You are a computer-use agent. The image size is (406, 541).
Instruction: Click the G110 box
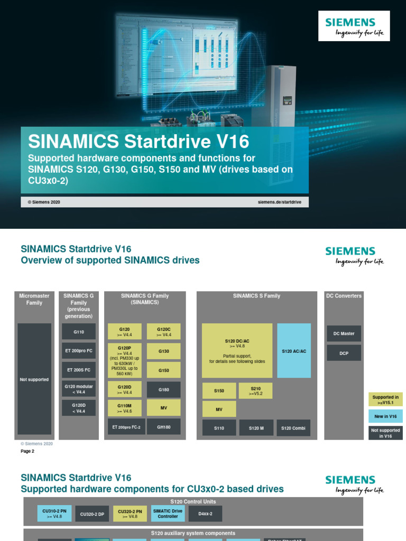click(x=79, y=331)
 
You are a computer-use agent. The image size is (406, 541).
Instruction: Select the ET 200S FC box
click(x=79, y=370)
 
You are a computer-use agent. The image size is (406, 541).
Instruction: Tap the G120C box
click(x=163, y=331)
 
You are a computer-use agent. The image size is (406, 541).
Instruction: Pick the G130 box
click(x=163, y=351)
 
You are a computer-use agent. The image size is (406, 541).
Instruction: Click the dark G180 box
click(x=163, y=389)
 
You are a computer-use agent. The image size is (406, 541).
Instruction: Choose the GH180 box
click(x=163, y=426)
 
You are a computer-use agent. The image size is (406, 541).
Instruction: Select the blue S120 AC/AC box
click(x=294, y=351)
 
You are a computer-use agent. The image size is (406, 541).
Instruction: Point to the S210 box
click(x=255, y=390)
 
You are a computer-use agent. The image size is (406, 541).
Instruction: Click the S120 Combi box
click(x=293, y=428)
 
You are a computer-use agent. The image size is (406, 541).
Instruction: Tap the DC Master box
click(x=344, y=333)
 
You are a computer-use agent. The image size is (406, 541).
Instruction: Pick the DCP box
click(x=344, y=353)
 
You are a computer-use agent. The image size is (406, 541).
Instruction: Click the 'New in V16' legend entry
click(x=385, y=416)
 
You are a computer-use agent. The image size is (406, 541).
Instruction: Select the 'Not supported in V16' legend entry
click(x=385, y=433)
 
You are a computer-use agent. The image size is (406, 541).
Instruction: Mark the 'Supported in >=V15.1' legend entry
click(x=385, y=400)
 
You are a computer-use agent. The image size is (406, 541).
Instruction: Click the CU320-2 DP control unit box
click(x=93, y=514)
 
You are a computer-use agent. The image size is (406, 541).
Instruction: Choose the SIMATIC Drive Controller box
click(x=168, y=514)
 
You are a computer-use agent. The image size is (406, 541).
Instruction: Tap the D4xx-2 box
click(x=205, y=514)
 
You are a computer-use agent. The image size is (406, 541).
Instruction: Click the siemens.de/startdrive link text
click(x=280, y=202)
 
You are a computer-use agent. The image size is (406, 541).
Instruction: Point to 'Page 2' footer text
click(x=27, y=451)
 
